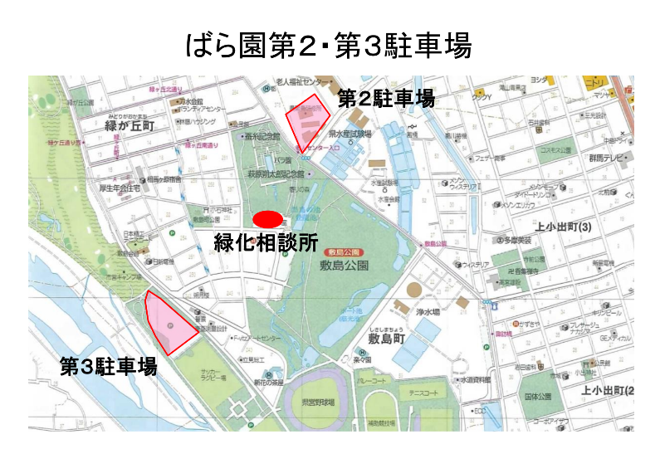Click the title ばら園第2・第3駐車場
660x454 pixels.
[330, 46]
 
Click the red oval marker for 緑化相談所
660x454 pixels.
[266, 220]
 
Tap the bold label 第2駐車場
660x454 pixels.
[385, 99]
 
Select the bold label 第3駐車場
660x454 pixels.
[108, 366]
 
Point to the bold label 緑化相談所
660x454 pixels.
[266, 243]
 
